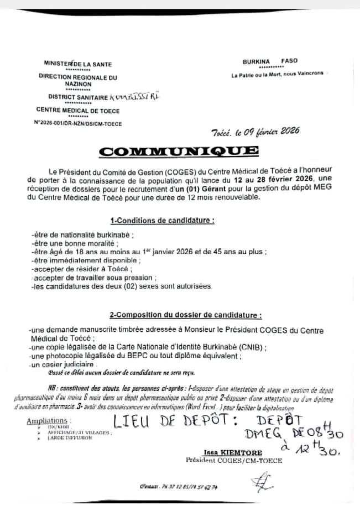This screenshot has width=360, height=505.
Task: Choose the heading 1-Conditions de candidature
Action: click(x=162, y=220)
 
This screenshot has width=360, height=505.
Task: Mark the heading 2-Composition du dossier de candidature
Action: click(x=185, y=315)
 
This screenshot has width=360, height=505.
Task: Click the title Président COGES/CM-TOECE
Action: click(x=234, y=460)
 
